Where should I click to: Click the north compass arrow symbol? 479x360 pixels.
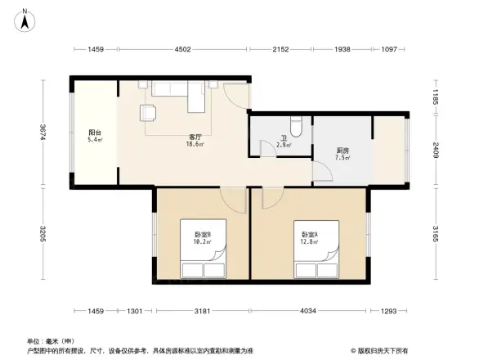[x=25, y=19]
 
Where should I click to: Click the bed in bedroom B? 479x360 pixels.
[x=203, y=268]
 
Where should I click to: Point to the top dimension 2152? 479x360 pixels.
[x=281, y=50]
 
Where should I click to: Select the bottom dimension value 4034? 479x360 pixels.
[x=309, y=312]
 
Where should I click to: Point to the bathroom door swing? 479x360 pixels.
[x=266, y=148]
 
